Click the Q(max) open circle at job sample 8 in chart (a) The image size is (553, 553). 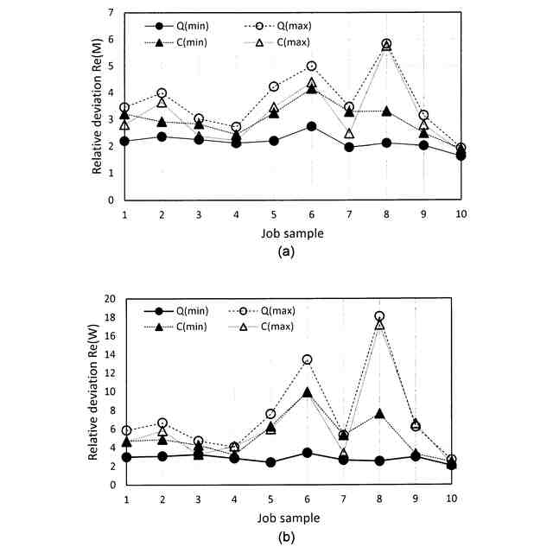(x=386, y=43)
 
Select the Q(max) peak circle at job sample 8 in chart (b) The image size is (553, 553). (x=379, y=316)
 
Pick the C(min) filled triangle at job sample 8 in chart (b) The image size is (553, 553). (x=379, y=414)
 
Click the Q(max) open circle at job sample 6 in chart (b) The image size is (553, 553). (x=306, y=359)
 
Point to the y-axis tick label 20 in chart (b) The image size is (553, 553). (x=109, y=299)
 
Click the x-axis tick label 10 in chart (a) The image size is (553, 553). (x=461, y=213)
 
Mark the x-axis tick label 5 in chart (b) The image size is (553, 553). (x=270, y=499)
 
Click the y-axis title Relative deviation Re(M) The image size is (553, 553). (x=98, y=106)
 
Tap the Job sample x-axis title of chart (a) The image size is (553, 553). (x=293, y=232)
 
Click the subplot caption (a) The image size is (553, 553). (x=293, y=252)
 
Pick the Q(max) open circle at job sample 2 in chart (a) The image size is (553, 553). (x=162, y=93)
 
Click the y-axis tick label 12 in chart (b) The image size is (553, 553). (x=109, y=373)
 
